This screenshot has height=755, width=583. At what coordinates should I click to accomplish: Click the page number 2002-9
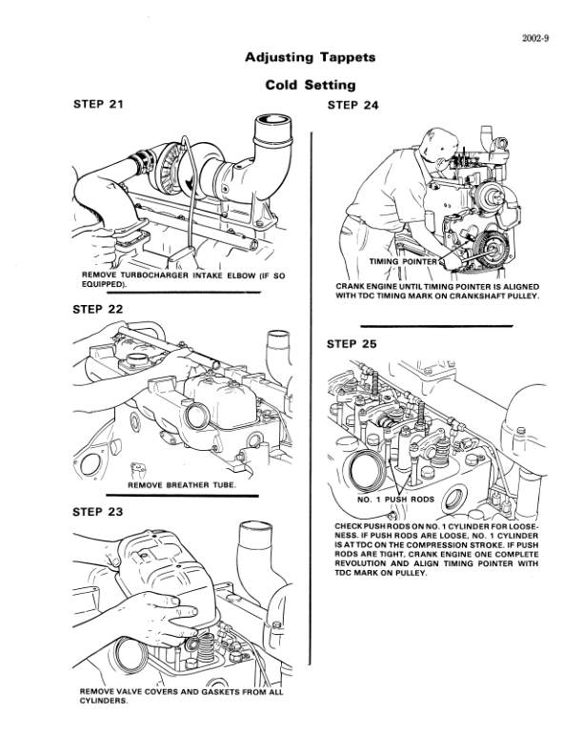(x=535, y=39)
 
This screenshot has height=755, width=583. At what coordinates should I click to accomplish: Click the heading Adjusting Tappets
(x=310, y=57)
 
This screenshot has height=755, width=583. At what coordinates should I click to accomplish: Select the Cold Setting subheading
(x=311, y=85)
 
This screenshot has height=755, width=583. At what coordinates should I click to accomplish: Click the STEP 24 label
(x=352, y=105)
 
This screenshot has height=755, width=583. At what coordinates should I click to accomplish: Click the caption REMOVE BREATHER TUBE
(x=180, y=486)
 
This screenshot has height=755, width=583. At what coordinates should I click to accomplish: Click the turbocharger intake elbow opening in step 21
(x=271, y=123)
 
